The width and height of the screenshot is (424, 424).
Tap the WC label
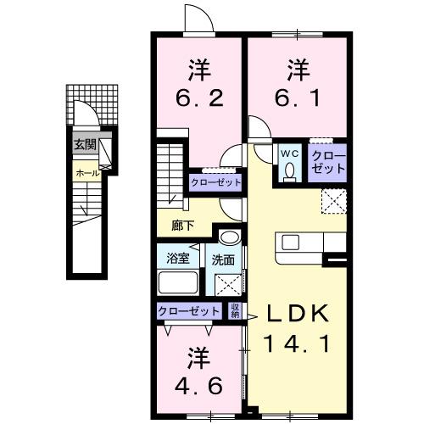pyautogui.click(x=288, y=153)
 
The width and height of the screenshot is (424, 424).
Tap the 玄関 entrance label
pyautogui.click(x=84, y=144)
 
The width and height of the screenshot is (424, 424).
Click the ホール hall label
pyautogui.click(x=86, y=173)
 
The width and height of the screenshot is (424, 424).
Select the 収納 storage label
pyautogui.click(x=235, y=311)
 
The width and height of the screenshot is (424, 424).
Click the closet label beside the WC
pyautogui.click(x=328, y=161)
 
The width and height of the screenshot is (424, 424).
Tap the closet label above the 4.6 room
pyautogui.click(x=189, y=311)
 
